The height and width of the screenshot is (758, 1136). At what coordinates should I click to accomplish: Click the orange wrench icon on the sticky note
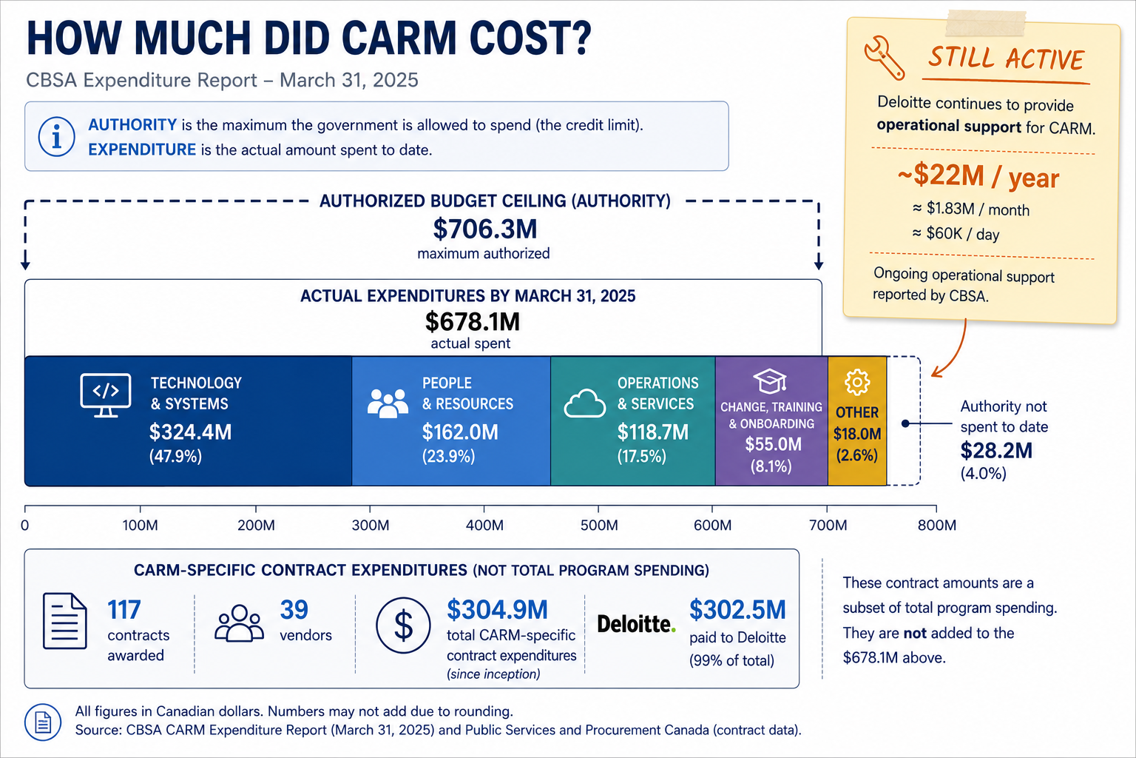coord(885,58)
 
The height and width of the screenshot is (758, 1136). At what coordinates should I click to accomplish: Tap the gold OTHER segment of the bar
coord(857,421)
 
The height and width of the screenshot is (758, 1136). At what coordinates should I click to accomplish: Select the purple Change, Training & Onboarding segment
coord(771,421)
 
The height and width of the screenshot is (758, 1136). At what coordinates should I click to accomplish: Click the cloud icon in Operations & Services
coord(585,403)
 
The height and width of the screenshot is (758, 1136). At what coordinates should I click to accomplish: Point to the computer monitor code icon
coord(106,395)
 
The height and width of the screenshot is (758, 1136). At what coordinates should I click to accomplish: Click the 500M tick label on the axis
coord(599,525)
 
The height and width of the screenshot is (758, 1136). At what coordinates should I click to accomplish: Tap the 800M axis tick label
coord(937,525)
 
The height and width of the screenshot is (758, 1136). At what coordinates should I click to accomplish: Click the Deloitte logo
coord(637,623)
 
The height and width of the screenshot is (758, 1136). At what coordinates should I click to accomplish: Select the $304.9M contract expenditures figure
coord(497,610)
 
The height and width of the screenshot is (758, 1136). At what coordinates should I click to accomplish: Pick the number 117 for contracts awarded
coord(124,610)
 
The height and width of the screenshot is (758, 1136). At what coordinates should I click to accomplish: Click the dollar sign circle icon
coord(403,625)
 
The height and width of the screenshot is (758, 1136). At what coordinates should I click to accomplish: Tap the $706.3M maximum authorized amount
coord(485,229)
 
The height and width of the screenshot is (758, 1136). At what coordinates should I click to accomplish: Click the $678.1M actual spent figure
coord(473,321)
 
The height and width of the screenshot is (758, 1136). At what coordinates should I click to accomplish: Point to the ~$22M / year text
coord(978,177)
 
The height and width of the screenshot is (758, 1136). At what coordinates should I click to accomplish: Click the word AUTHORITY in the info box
coord(132,125)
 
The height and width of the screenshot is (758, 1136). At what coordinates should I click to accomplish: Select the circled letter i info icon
coord(57,136)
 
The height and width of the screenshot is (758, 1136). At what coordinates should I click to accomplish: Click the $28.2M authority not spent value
coord(996,450)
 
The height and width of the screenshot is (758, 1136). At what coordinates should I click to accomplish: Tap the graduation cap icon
coord(770,380)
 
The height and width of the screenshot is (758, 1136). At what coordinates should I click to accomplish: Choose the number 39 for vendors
coord(294,610)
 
